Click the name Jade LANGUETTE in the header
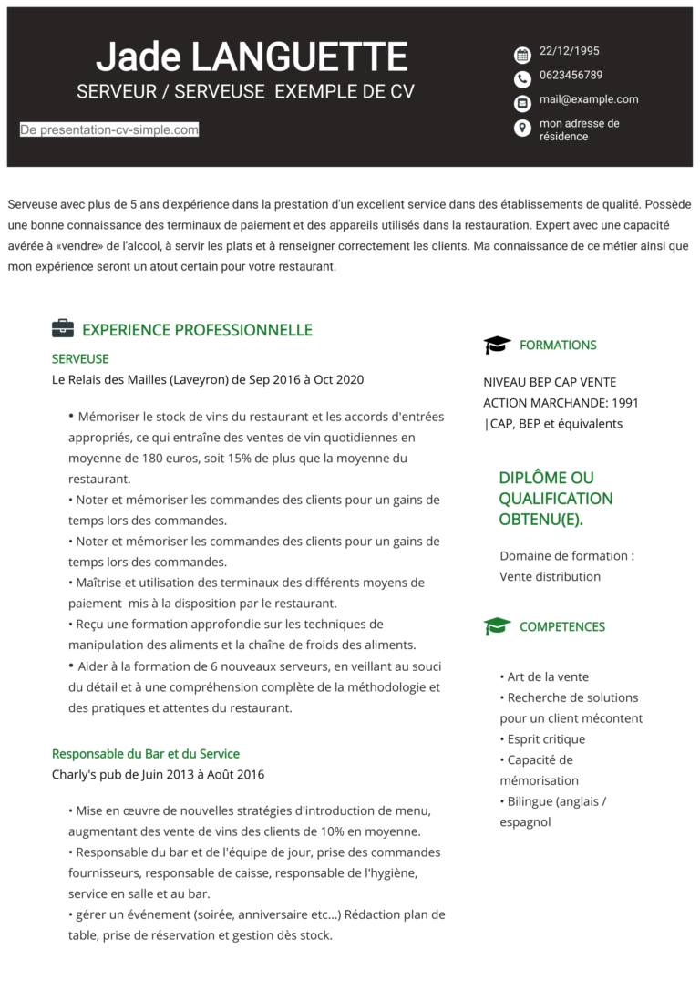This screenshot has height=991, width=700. [x=252, y=57]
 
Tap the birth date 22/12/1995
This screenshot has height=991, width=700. [x=569, y=51]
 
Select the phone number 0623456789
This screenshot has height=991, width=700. [x=571, y=75]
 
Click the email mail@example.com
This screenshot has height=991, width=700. [x=589, y=99]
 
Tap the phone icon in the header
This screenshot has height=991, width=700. [x=522, y=78]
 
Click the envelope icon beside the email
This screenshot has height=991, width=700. [x=522, y=103]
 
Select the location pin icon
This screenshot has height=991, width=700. [x=522, y=128]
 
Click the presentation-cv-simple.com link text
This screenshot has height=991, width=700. [x=109, y=130]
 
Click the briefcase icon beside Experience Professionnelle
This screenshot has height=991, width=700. [x=63, y=329]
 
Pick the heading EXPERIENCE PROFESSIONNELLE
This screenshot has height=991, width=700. [x=197, y=330]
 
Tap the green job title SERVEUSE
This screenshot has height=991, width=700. [x=80, y=359]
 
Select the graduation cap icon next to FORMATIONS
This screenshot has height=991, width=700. [x=497, y=345]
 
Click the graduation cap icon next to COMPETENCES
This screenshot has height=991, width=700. [x=497, y=626]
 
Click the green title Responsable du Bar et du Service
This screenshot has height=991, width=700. [x=146, y=754]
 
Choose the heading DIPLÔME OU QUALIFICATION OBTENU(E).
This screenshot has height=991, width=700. [x=556, y=499]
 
